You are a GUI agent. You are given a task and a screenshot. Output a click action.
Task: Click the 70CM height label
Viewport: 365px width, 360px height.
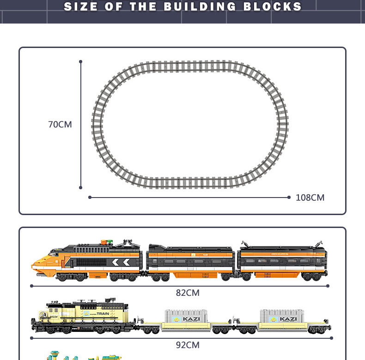click(60, 124)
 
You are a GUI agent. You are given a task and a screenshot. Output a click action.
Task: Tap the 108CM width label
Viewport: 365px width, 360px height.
click(310, 198)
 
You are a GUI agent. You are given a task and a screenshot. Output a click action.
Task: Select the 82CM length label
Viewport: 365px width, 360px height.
click(188, 293)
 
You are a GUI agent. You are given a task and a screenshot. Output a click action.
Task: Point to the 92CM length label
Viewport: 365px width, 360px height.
click(188, 345)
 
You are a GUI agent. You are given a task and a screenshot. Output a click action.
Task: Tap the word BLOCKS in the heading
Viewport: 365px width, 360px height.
click(273, 7)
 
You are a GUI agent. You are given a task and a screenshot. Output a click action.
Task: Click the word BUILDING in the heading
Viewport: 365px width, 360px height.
click(201, 7)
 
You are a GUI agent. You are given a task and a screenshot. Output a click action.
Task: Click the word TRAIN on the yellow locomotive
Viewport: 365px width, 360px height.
click(103, 314)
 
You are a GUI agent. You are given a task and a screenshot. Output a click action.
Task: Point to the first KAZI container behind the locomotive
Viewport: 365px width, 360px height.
click(186, 318)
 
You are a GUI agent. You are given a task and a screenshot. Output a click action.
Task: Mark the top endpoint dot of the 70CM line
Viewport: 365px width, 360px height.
click(81, 61)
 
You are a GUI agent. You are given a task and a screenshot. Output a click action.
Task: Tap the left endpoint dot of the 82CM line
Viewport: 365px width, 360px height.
click(31, 286)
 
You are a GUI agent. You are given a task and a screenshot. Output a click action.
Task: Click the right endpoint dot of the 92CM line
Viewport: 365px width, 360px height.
click(331, 338)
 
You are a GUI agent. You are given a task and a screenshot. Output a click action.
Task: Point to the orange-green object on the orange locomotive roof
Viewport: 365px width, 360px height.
click(107, 242)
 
